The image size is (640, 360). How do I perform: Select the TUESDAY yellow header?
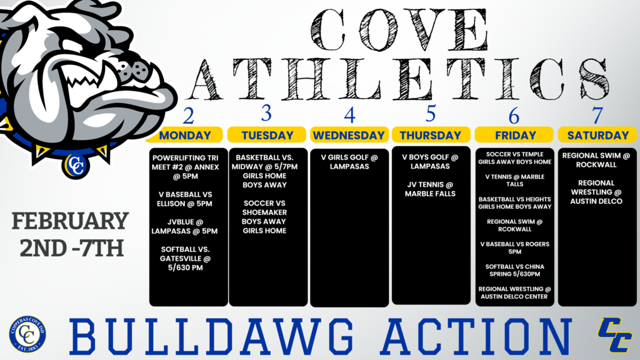point(267,135)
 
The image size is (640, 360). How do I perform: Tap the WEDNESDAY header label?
point(349,135)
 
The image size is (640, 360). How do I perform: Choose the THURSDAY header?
point(431,135)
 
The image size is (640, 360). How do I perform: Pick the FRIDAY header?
point(515,135)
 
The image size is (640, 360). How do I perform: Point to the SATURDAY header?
point(597,135)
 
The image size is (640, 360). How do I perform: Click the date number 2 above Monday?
point(187,116)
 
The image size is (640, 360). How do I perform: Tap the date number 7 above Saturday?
point(597,116)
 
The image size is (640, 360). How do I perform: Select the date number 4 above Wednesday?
point(349,116)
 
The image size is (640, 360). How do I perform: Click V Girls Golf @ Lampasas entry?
point(349,162)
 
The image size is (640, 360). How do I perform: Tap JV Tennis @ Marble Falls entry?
point(431,189)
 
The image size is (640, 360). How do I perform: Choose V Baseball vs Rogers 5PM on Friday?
point(515,248)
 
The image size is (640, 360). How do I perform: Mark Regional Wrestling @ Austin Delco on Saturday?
point(597,192)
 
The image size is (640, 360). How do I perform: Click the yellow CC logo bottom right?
point(614,335)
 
